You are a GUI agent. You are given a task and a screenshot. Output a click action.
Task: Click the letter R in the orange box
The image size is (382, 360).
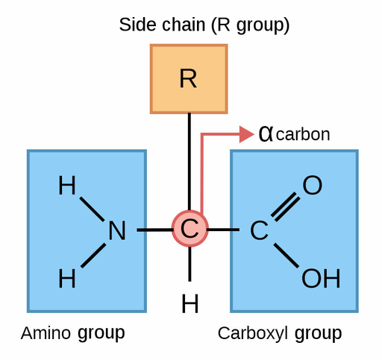click(188, 78)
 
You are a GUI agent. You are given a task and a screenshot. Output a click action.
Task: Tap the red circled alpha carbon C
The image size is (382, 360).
click(190, 229)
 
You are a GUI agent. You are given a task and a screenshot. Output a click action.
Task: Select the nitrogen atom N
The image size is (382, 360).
click(117, 230)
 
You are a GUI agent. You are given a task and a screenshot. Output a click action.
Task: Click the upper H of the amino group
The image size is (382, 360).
click(67, 185)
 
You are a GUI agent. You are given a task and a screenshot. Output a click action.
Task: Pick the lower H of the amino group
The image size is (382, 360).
click(67, 279)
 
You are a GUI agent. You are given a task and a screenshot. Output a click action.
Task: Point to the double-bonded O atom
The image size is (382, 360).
click(313, 185)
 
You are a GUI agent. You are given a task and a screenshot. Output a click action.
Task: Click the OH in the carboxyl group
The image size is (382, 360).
click(321, 279)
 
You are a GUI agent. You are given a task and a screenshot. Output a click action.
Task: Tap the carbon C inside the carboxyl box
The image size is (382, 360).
click(259, 230)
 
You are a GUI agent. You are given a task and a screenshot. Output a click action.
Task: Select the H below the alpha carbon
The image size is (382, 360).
click(190, 303)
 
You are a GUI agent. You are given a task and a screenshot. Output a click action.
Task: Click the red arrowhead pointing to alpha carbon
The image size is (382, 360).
click(246, 134)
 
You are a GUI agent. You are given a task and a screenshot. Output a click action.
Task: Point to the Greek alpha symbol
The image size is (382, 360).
click(266, 134)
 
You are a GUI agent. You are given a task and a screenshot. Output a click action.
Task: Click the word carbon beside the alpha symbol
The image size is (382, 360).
click(303, 134)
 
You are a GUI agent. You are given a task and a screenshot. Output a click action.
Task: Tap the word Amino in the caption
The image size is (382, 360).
click(46, 333)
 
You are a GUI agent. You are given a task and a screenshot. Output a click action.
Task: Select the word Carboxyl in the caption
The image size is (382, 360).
click(253, 334)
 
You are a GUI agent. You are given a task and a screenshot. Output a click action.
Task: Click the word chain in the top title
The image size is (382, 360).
click(184, 25)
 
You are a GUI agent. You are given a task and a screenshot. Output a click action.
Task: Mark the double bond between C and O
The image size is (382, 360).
click(286, 206)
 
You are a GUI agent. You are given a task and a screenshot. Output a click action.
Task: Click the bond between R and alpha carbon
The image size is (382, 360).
click(190, 162)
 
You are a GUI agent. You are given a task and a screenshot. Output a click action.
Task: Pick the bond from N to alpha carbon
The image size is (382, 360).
click(154, 230)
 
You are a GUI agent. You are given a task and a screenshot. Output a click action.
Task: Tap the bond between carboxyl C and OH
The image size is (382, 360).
click(286, 256)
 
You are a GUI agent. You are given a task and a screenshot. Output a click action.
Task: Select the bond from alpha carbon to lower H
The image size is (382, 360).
click(190, 264)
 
